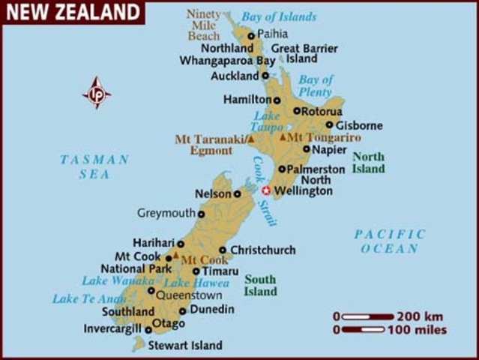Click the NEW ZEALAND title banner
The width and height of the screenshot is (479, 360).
[73, 12]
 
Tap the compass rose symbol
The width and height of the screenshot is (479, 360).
[96, 93]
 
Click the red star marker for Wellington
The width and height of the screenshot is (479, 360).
[265, 190]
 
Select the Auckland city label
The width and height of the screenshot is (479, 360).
[235, 76]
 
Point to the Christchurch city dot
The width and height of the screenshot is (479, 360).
[223, 250]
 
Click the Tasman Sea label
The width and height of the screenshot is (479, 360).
[94, 166]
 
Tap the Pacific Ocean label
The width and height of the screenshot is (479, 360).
[389, 241]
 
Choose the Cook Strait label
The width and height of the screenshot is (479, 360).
[262, 190]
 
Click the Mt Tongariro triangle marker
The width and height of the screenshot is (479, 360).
[283, 138]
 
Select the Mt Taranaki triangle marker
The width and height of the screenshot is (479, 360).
[252, 139]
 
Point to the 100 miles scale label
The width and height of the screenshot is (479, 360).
[418, 329]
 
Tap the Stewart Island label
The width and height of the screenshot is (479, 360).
[184, 346]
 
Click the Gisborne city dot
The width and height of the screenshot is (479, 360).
[329, 124]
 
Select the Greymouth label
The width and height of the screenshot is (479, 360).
[166, 214]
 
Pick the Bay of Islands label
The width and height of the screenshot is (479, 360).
[280, 17]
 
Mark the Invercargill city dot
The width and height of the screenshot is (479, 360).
[148, 329]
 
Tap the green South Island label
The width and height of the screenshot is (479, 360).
[260, 285]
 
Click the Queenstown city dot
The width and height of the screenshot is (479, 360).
[151, 290]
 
